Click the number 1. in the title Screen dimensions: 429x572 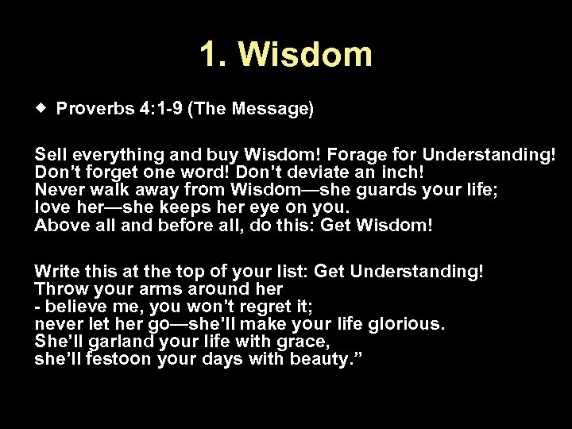[x=214, y=55]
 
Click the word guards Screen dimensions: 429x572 [x=346, y=190]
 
